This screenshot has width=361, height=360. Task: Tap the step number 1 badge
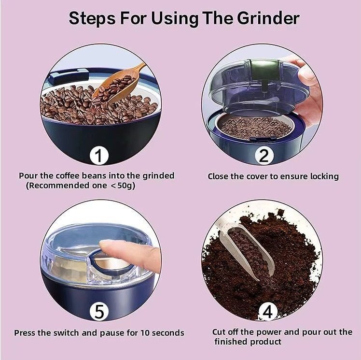pos(99,156)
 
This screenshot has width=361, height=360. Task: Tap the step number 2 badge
pos(264,156)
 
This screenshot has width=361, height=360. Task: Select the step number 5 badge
pos(99,312)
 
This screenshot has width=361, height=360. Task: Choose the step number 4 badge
pos(267,312)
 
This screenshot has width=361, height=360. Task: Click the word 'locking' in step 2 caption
pos(322,176)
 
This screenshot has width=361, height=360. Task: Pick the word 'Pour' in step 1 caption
pos(28,176)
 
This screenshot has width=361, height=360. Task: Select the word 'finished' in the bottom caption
pos(231,342)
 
